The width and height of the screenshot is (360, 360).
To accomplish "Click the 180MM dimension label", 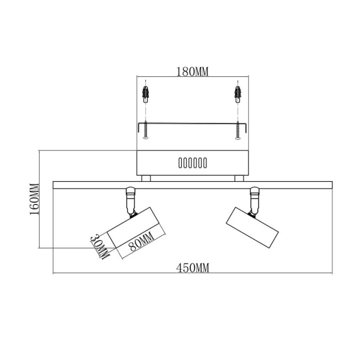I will coord(192,72).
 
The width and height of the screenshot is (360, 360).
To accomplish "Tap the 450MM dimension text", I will coord(193,268).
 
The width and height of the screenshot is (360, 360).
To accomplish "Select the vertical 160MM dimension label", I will coord(34,199).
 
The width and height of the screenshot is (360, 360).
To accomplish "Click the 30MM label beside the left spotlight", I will coord(99,245).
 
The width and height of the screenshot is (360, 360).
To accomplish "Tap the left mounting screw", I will coord(145,131).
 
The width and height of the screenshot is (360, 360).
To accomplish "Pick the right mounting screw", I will coord(239,131).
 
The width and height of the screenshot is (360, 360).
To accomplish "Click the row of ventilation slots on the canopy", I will coord(192,163).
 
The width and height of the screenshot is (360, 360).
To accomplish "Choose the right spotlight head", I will coord(252,226).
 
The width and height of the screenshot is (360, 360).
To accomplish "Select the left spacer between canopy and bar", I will coord(146,178).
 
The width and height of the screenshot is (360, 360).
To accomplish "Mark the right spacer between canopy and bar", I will coord(239,178).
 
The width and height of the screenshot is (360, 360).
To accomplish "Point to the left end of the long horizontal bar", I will coord(56,185).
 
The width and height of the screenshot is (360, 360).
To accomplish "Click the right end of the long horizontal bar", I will coord(331,185).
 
